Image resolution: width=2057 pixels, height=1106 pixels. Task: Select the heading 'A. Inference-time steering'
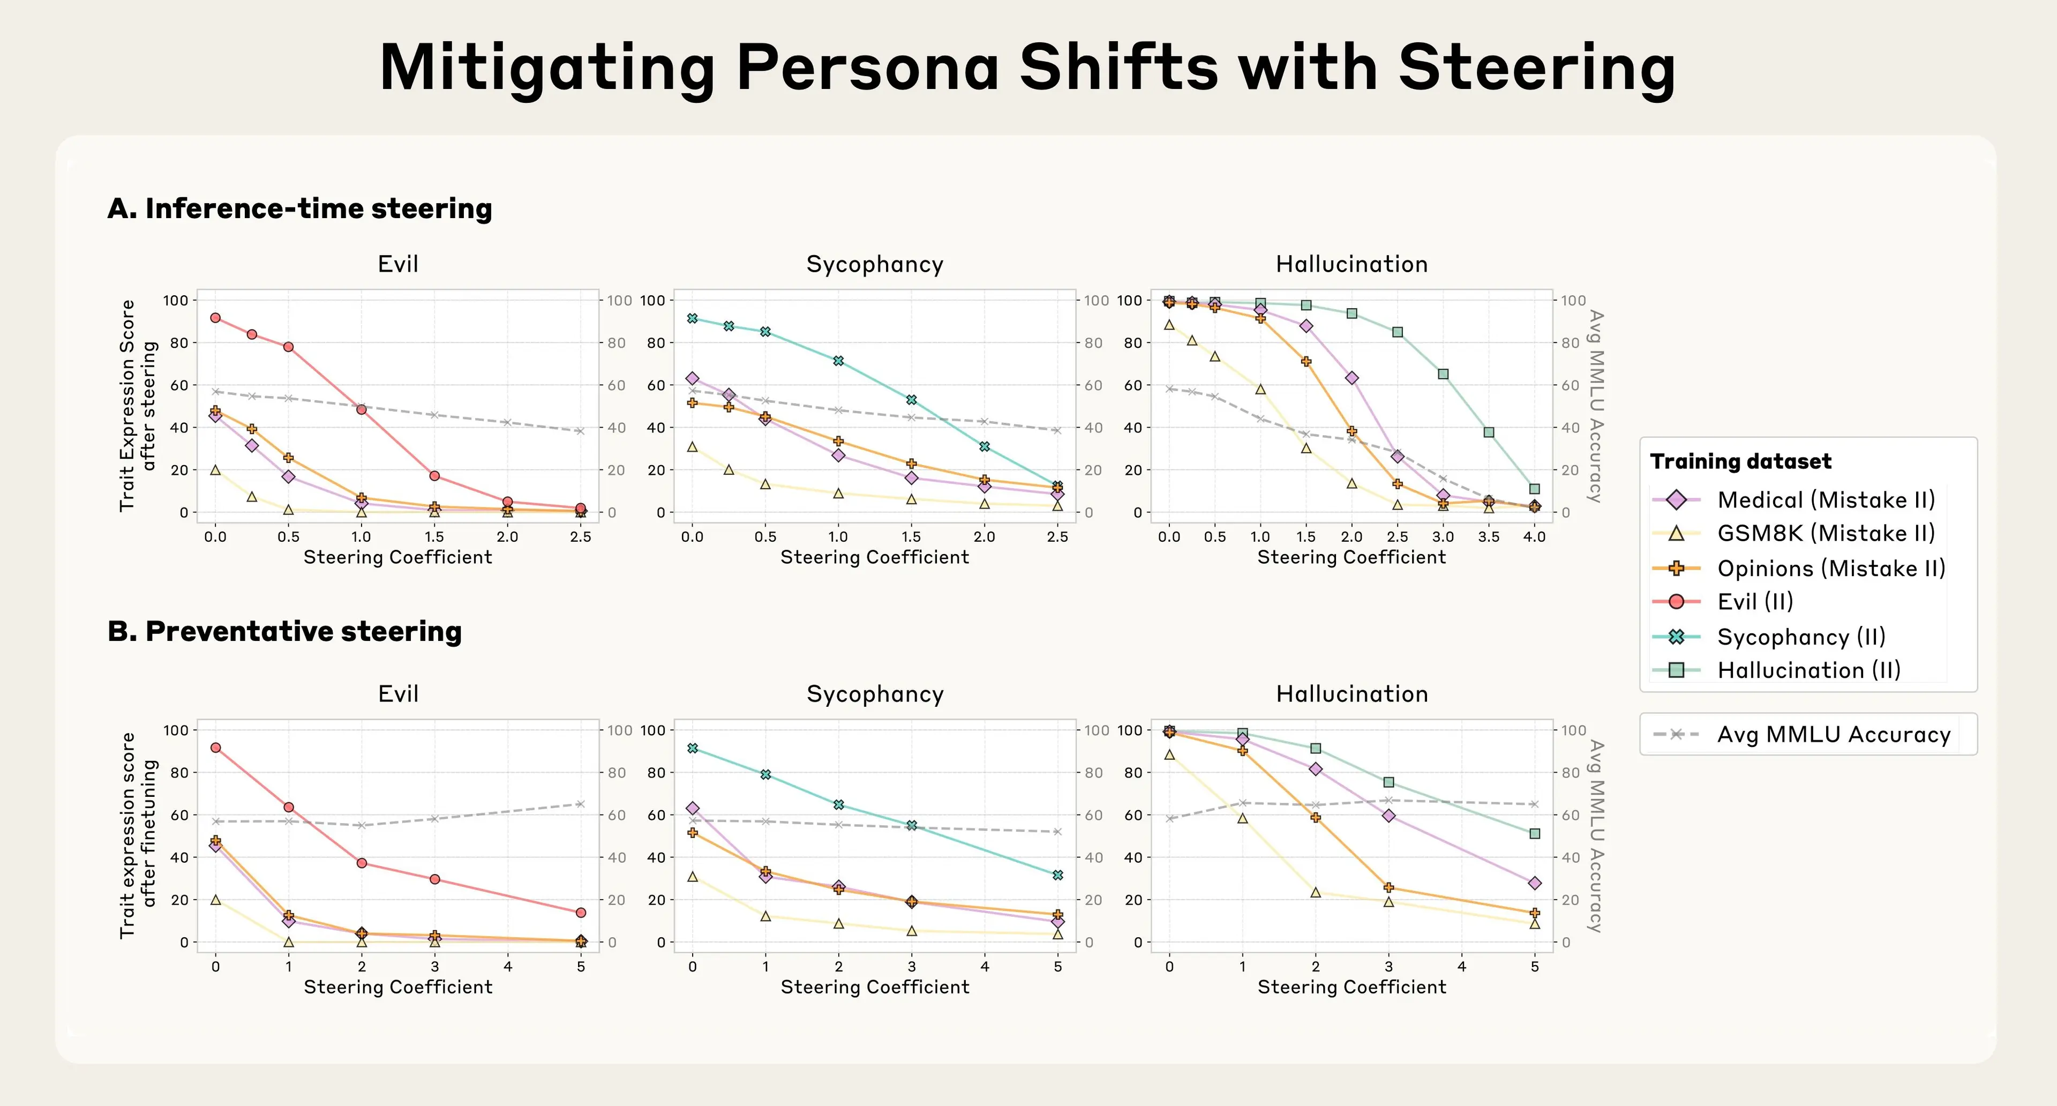click(x=299, y=208)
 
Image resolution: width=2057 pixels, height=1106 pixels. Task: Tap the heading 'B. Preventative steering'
click(x=284, y=632)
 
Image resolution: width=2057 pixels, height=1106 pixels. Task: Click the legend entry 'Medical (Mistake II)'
click(x=1826, y=500)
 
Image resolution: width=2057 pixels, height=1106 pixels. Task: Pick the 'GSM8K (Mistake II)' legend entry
click(x=1826, y=533)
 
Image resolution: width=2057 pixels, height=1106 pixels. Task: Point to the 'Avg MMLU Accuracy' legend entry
click(x=1834, y=734)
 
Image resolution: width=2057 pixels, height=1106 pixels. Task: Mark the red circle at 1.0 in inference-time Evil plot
click(x=361, y=409)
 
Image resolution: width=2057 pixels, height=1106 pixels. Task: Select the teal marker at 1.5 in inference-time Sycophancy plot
click(x=911, y=399)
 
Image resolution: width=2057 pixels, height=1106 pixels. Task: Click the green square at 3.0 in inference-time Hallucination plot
click(x=1443, y=373)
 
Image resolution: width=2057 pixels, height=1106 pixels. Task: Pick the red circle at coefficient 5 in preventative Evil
click(x=581, y=912)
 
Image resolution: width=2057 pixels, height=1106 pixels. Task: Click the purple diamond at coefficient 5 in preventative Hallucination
click(x=1534, y=883)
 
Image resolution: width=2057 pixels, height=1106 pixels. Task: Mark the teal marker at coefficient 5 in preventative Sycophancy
click(x=1057, y=875)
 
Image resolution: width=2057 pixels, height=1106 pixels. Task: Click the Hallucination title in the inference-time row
click(x=1351, y=264)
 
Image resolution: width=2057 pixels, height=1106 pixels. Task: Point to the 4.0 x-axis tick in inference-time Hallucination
click(x=1534, y=536)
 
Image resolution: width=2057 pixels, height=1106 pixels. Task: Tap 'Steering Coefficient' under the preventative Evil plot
click(x=397, y=987)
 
